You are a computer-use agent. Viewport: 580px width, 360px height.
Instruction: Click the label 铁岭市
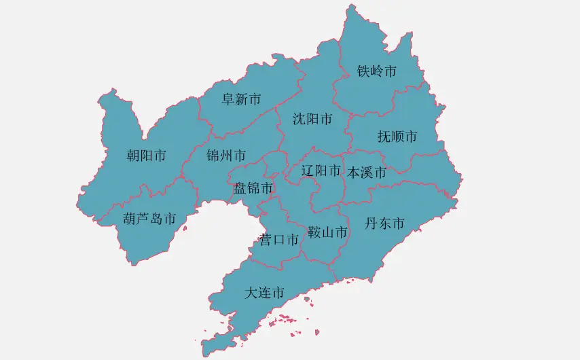(x=377, y=71)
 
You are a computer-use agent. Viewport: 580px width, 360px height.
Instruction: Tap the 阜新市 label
(x=241, y=99)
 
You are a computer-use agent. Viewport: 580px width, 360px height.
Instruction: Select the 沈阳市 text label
(x=312, y=120)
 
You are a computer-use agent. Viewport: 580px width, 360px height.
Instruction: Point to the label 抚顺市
(x=397, y=137)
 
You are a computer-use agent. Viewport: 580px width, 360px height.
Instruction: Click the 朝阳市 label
(x=147, y=156)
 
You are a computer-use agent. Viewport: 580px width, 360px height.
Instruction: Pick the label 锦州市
(x=227, y=156)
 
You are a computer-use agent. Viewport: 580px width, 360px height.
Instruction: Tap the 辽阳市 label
(x=321, y=170)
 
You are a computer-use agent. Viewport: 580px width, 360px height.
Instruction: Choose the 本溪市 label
(x=367, y=173)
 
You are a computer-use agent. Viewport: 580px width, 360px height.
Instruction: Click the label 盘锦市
(x=254, y=187)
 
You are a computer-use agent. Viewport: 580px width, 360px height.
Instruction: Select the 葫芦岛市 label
(x=150, y=219)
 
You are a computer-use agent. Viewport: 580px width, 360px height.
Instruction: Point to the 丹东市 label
(x=384, y=223)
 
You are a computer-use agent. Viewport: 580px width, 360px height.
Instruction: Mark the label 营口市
(x=279, y=240)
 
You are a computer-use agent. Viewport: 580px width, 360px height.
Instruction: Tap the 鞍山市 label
(x=327, y=233)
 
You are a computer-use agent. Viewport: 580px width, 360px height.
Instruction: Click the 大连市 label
(x=264, y=293)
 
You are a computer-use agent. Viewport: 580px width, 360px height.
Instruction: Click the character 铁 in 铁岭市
(x=364, y=71)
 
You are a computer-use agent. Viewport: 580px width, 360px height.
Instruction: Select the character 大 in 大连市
(x=251, y=293)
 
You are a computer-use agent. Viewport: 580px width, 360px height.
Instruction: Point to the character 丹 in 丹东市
(x=371, y=223)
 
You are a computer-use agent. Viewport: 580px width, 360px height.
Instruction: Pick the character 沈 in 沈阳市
(x=300, y=120)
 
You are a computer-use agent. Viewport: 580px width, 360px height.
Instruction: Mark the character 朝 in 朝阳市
(x=134, y=156)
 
